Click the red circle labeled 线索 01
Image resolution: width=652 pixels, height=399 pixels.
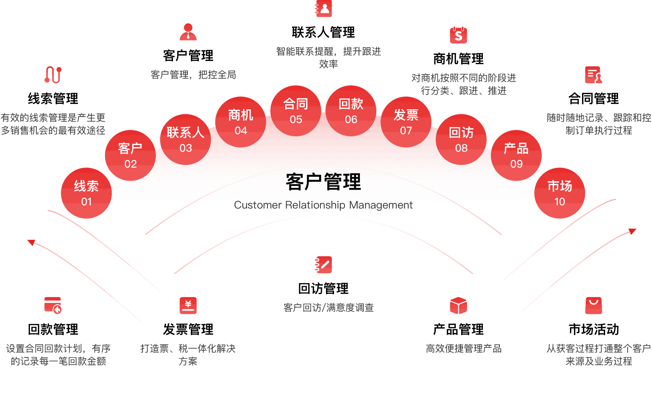point(86,193)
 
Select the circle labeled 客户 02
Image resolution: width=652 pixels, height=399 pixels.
point(130,155)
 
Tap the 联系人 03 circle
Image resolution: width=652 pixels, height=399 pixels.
point(185,139)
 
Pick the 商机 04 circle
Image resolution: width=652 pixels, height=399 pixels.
point(240,122)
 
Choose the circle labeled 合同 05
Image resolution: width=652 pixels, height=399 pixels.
point(296,110)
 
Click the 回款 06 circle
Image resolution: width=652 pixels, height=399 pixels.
point(351,110)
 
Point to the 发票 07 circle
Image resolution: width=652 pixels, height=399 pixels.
point(406,122)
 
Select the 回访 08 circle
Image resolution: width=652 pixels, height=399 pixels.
point(461,139)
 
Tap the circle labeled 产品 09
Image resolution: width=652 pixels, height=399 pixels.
point(516,155)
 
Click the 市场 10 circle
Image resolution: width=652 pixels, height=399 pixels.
point(560,193)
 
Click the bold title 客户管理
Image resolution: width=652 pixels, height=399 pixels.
point(323,182)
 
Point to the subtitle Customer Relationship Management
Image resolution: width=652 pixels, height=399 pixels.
point(323,205)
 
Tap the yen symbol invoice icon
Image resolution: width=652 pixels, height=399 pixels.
point(188,306)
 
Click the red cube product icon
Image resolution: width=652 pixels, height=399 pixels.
point(458,306)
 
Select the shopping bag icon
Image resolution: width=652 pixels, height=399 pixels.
point(594,306)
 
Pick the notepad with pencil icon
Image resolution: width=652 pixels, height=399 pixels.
point(324,265)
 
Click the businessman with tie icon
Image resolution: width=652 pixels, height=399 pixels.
point(188,32)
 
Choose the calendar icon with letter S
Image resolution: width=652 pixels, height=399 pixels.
point(458,35)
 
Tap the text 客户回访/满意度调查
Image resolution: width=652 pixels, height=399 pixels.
point(328,308)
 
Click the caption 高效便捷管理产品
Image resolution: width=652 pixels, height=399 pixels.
point(464,348)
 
